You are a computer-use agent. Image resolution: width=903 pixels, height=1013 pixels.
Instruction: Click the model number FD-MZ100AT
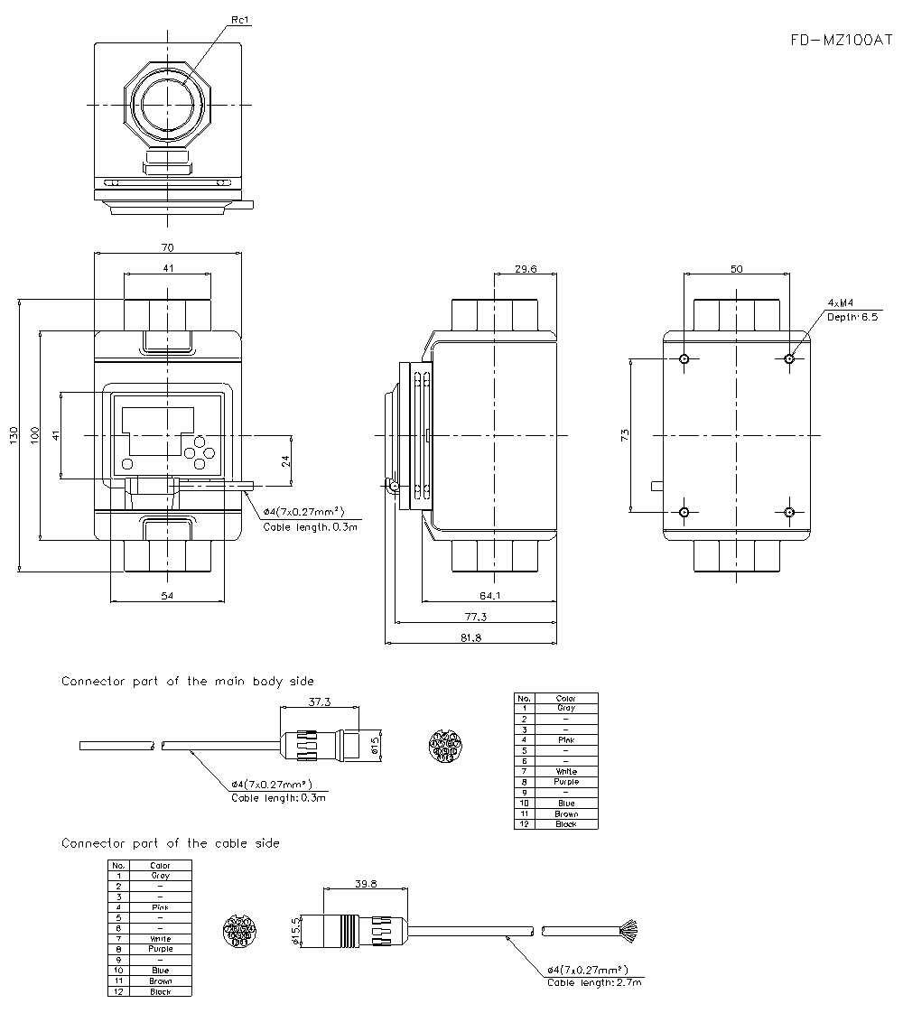840,41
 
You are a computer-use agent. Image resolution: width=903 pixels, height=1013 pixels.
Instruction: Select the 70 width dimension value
167,247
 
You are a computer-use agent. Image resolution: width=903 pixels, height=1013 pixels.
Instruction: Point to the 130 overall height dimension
13,436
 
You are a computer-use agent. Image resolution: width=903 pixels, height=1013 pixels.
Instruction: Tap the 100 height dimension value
34,436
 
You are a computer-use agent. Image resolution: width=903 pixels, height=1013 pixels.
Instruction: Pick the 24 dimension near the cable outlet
286,460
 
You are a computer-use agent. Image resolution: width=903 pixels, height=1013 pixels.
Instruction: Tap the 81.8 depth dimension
470,637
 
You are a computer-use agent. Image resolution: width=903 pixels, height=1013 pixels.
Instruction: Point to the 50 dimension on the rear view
737,268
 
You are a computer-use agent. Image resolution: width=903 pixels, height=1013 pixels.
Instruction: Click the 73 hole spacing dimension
625,436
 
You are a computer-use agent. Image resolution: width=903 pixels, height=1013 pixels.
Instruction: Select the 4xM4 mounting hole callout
841,303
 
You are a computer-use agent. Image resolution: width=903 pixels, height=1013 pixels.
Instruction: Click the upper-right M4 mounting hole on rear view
790,358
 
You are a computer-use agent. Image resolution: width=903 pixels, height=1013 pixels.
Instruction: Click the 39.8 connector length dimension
366,884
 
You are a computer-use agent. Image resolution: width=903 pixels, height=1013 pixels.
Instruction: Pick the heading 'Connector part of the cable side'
170,843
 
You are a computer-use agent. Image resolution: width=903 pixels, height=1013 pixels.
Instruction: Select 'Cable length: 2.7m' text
594,981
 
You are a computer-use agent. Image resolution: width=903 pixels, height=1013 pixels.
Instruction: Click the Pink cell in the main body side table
565,740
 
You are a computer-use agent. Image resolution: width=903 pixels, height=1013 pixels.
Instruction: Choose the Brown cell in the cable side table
160,980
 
